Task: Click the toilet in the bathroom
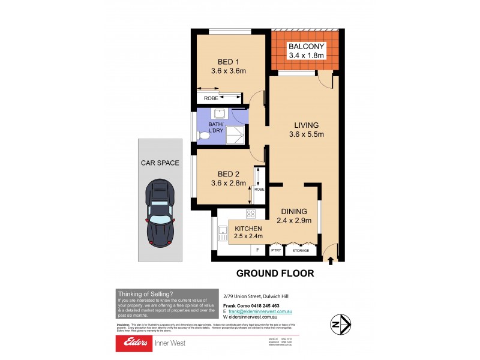tap(203, 136)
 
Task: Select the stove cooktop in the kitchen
tap(251, 214)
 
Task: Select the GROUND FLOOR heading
tap(275, 274)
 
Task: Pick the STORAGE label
tap(301, 250)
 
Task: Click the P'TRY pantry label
tap(276, 250)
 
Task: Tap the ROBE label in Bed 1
tap(211, 97)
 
